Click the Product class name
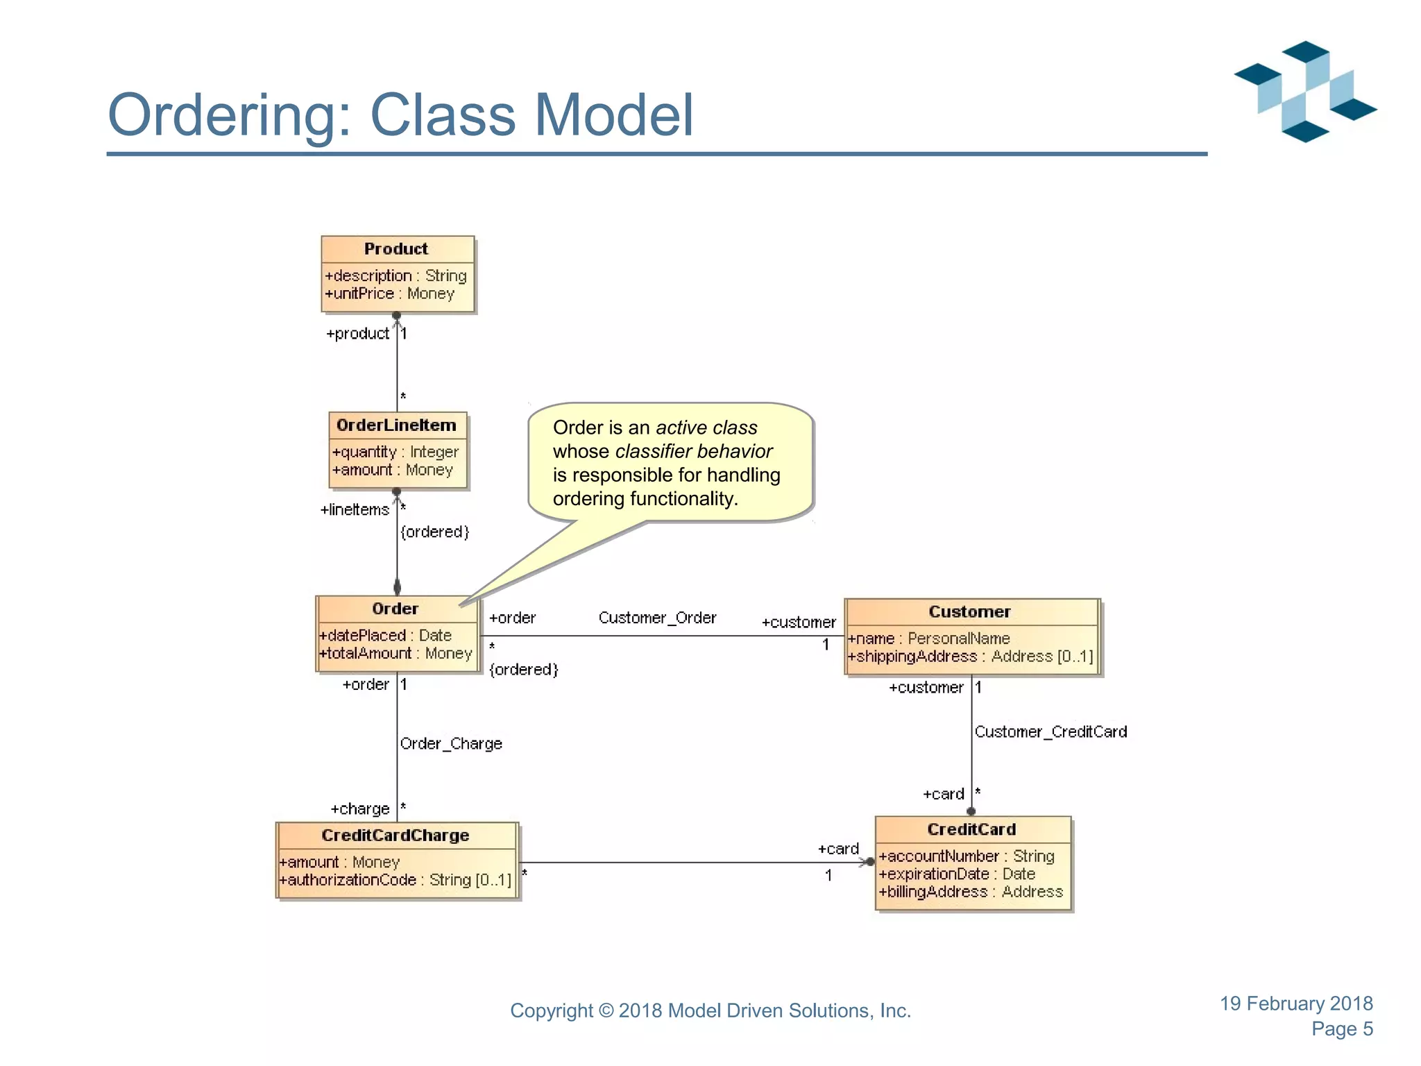tap(395, 249)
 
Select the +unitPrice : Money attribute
tap(389, 294)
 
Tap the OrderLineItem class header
tap(396, 425)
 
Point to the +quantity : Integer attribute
tap(395, 452)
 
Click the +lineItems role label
tap(355, 510)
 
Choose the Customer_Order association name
tap(657, 618)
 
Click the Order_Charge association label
tap(451, 744)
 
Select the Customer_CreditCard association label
tap(1050, 732)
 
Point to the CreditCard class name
tap(971, 829)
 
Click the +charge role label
tap(360, 809)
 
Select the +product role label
tap(357, 334)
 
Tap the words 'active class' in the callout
tap(706, 428)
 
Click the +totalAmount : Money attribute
tap(395, 654)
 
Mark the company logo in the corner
tap(1305, 91)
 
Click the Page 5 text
tap(1342, 1029)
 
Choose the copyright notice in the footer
tap(710, 1010)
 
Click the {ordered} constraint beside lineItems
tap(435, 532)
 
